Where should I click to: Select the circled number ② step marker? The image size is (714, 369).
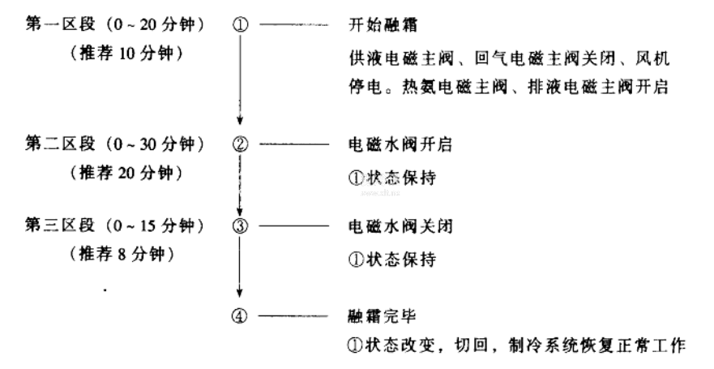click(239, 145)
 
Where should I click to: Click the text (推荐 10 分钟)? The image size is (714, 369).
click(122, 54)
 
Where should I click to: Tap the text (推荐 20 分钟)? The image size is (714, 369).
click(122, 174)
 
